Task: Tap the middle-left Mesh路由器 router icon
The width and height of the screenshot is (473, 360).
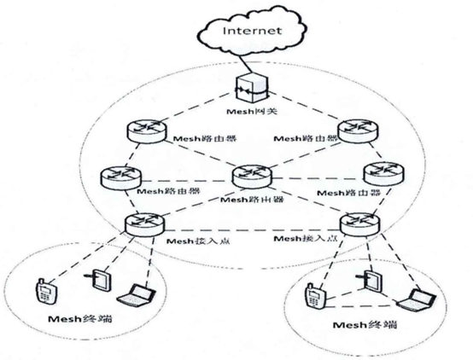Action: [116, 177]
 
